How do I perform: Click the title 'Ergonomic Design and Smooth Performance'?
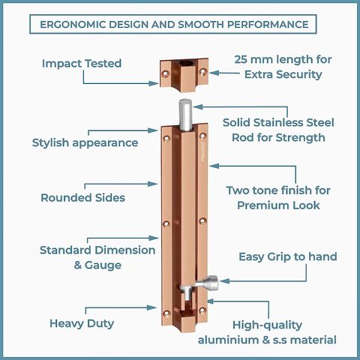(x=174, y=25)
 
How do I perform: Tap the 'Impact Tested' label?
(x=82, y=63)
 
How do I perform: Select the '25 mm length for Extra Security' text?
(x=283, y=67)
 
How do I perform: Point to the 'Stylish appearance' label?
(x=85, y=142)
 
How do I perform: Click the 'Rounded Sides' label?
(x=82, y=198)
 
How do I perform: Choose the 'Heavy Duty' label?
(x=82, y=323)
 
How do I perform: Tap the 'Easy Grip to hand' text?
(x=288, y=256)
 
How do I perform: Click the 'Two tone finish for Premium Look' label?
(x=278, y=198)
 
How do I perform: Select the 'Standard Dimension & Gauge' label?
(x=97, y=257)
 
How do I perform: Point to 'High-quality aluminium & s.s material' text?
(x=267, y=332)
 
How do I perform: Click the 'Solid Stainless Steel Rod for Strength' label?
(x=278, y=130)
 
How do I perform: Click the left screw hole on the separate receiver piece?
(x=165, y=73)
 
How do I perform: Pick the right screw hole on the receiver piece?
(x=202, y=72)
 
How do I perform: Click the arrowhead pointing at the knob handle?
(x=225, y=281)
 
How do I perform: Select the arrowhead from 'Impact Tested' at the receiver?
(x=154, y=83)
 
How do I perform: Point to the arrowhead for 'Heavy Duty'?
(x=151, y=307)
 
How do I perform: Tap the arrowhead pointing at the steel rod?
(x=198, y=106)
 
